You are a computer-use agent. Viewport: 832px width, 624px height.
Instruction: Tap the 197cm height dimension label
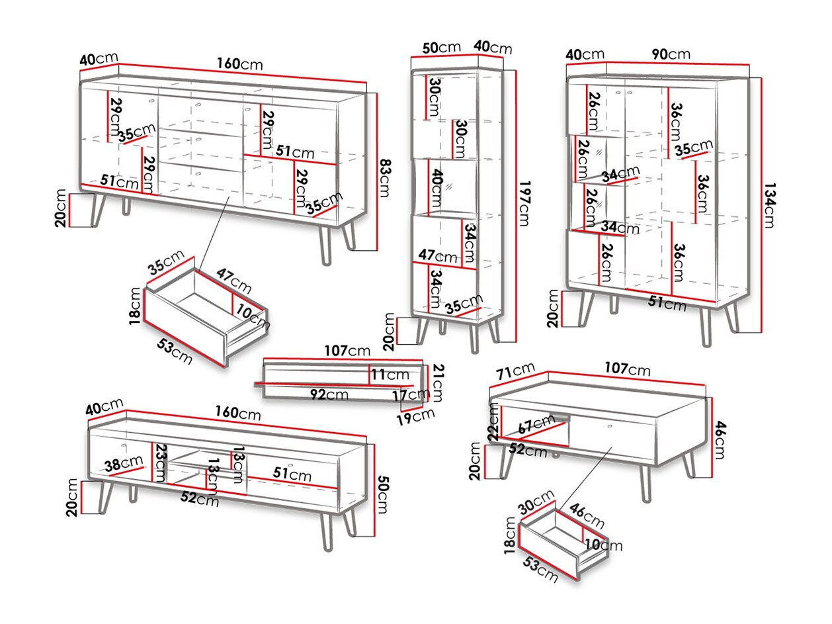click(523, 204)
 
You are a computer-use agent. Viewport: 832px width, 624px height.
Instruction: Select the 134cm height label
click(768, 205)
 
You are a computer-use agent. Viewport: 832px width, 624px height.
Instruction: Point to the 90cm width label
click(671, 54)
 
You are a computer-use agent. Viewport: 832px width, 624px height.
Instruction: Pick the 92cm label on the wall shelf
click(329, 394)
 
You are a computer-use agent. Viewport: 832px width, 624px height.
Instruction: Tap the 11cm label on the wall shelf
click(390, 375)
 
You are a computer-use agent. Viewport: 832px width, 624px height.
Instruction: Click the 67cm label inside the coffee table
click(536, 424)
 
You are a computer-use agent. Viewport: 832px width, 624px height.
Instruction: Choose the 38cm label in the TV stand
click(122, 464)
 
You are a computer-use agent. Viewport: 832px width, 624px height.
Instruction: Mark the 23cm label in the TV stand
click(160, 463)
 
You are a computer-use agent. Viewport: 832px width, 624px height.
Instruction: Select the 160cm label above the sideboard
click(239, 64)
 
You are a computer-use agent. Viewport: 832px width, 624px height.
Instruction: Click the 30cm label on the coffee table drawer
click(535, 502)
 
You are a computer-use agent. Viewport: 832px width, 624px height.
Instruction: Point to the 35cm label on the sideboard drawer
click(165, 262)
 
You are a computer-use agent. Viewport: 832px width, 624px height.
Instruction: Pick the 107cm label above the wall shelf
click(347, 351)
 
